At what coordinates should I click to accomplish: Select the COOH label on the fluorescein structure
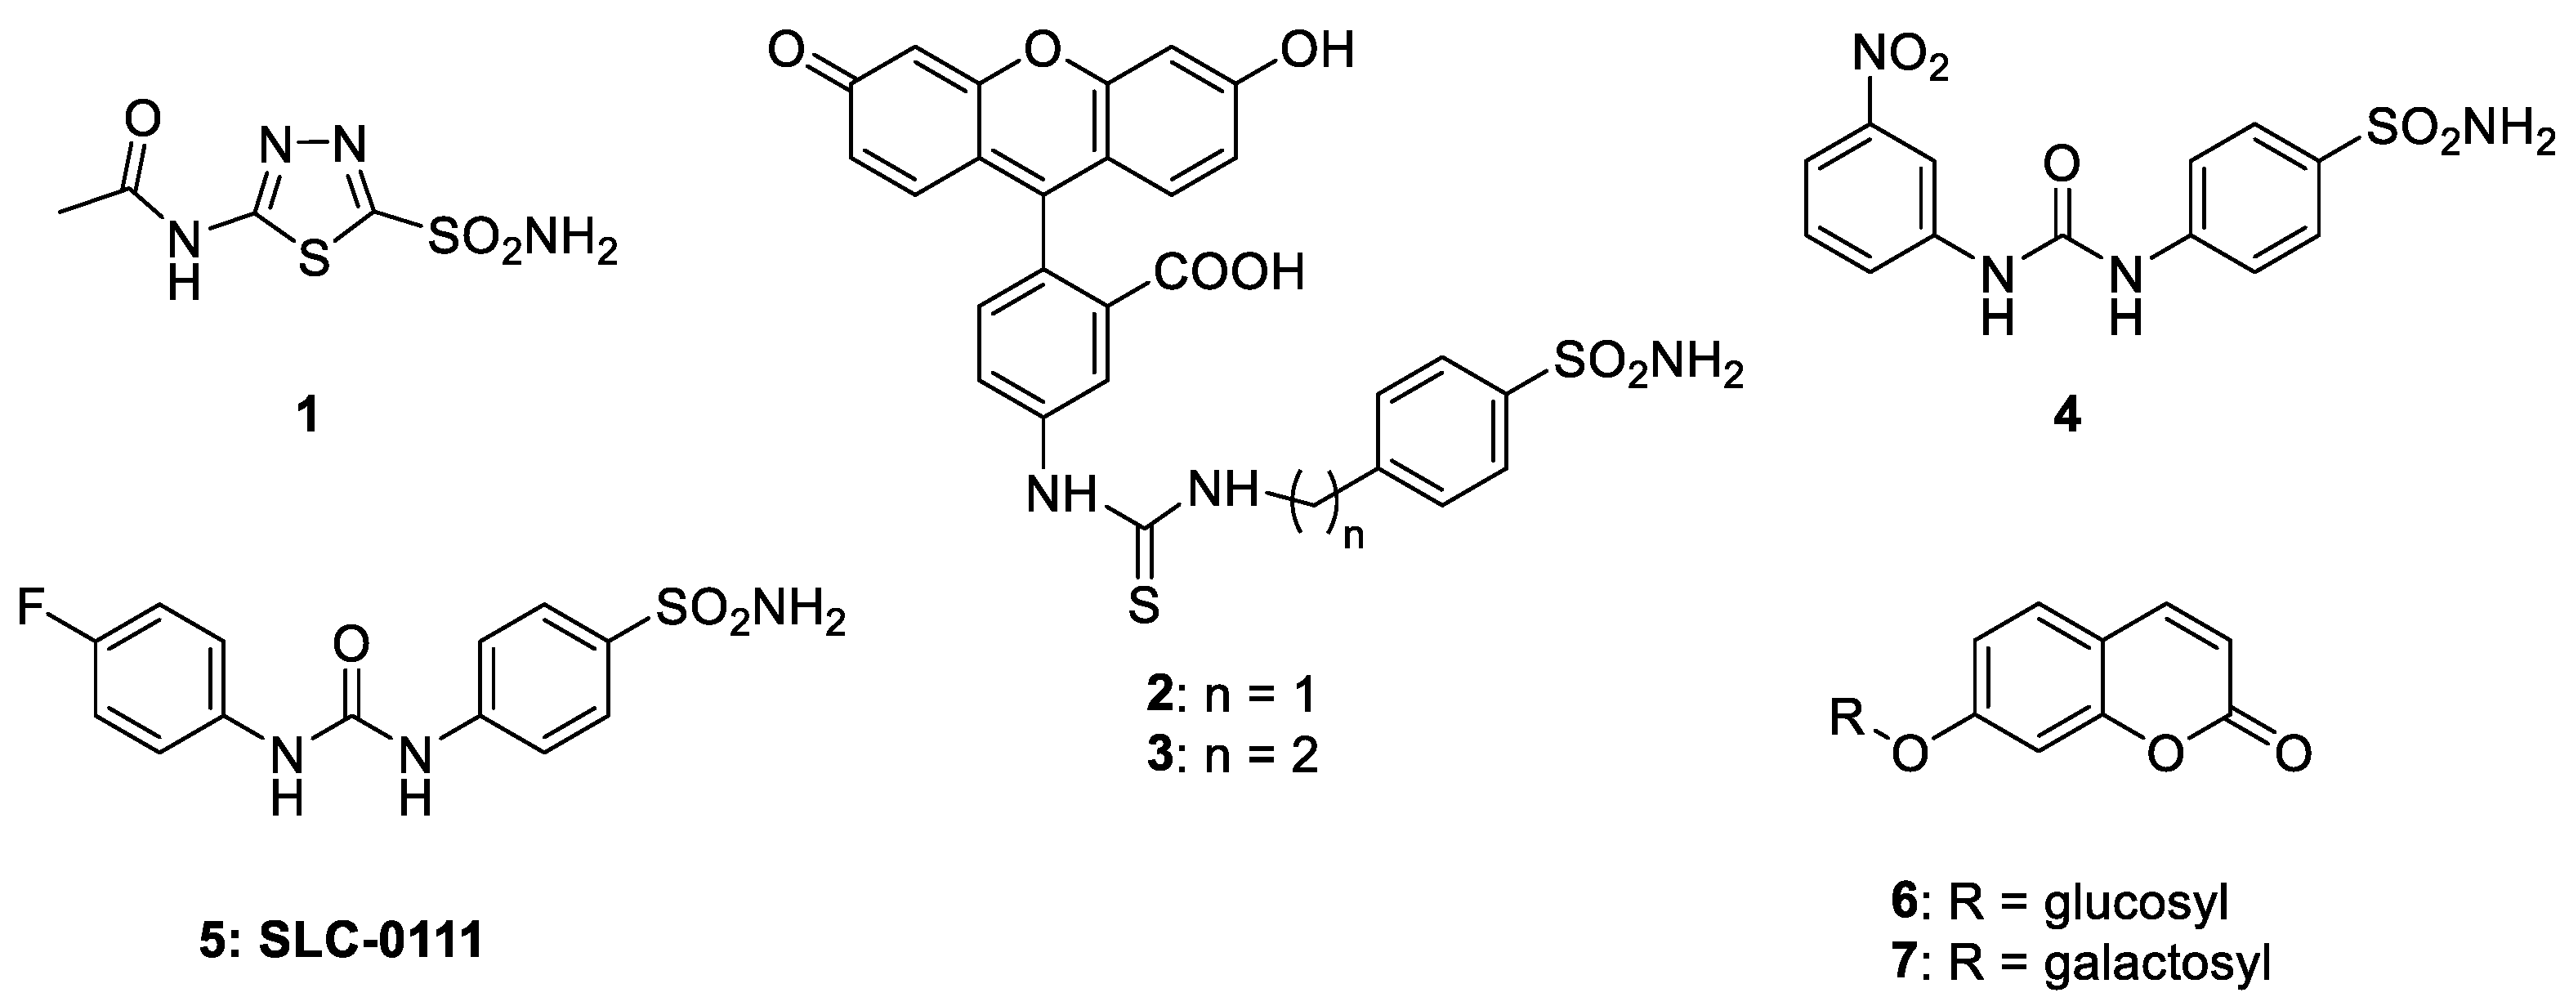click(1229, 272)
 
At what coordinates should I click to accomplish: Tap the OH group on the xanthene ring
click(1316, 50)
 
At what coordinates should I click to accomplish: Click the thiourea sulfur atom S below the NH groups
click(1143, 606)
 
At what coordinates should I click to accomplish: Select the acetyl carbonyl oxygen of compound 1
click(145, 121)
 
